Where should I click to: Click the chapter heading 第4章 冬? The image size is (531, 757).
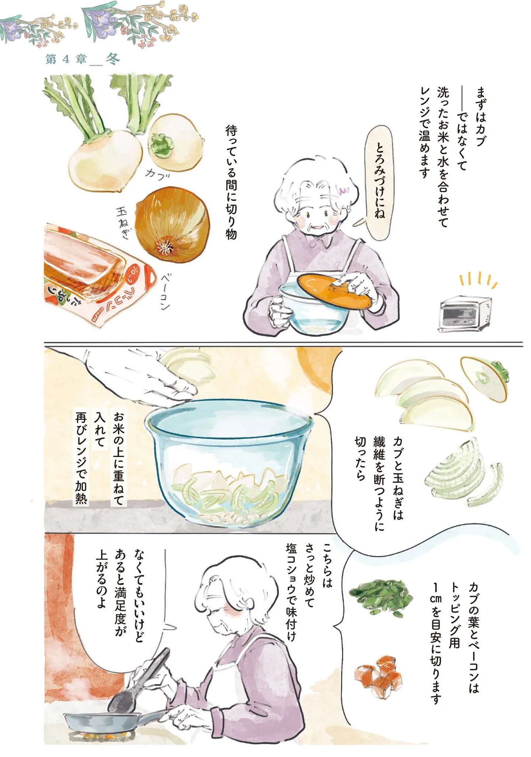pos(83,59)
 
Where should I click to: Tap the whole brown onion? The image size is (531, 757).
pos(172,225)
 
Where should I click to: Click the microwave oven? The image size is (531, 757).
pos(465,314)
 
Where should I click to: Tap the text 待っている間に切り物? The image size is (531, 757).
pos(231,183)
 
